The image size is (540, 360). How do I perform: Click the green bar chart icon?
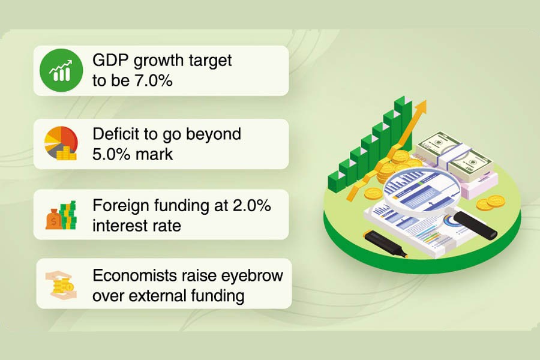(x=60, y=70)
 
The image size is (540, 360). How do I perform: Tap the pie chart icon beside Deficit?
(x=61, y=143)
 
